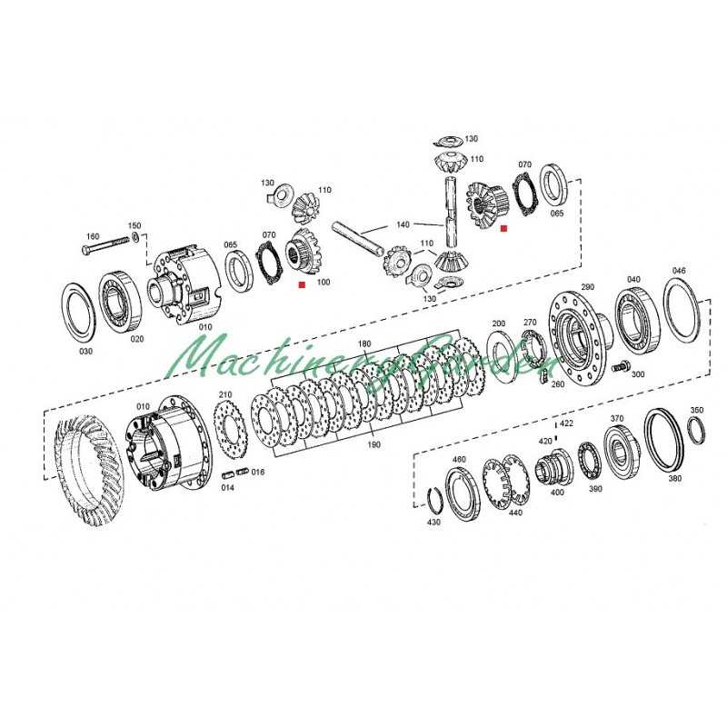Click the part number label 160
[93, 236]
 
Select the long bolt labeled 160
[105, 245]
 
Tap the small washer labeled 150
[134, 238]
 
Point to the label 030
[85, 352]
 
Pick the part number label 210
[225, 395]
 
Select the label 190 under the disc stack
[373, 445]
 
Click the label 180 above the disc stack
[364, 344]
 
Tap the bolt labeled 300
[620, 367]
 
